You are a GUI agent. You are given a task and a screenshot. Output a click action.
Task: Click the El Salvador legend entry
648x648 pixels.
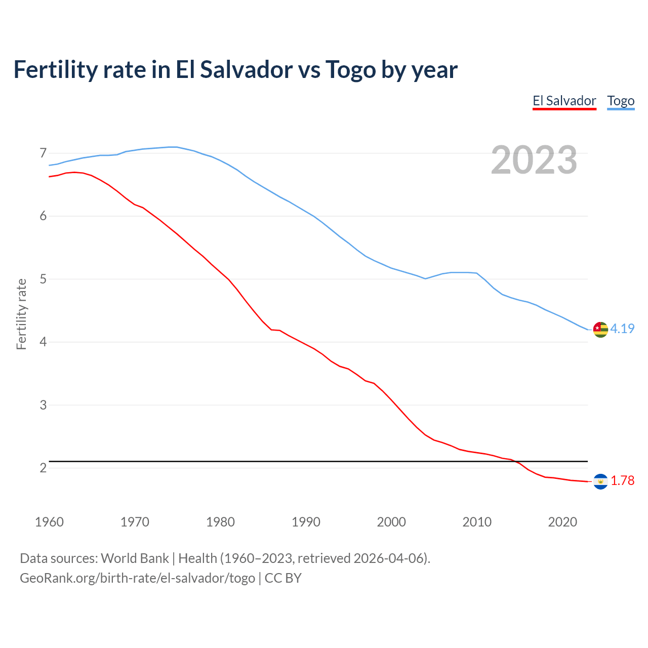(564, 101)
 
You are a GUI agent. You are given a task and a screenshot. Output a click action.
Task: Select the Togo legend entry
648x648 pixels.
(621, 101)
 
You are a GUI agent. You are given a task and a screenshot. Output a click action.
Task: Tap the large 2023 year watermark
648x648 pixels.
(534, 160)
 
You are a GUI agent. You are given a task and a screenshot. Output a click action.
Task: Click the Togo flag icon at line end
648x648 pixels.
(600, 329)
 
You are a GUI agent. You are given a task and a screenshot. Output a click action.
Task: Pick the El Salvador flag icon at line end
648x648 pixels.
(600, 481)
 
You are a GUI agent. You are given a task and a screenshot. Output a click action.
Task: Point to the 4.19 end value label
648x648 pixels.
(622, 329)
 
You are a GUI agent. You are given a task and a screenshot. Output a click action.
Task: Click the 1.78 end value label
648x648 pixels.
(622, 481)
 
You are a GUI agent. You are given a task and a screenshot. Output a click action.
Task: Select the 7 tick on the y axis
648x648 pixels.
(43, 153)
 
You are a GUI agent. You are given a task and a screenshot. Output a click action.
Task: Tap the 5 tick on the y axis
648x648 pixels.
(43, 279)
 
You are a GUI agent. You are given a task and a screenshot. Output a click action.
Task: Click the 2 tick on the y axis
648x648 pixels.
(43, 468)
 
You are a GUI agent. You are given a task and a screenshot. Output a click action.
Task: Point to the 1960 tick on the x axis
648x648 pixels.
(49, 522)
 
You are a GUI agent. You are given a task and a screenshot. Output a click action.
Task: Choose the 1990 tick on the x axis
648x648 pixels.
(306, 522)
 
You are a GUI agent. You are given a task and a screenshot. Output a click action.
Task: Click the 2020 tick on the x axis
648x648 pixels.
(562, 522)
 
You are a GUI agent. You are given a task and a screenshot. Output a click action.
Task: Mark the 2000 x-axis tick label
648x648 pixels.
(391, 522)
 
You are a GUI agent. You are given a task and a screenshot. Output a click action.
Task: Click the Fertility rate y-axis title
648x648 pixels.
(21, 314)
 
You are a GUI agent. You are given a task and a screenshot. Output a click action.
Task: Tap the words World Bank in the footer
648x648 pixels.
(135, 558)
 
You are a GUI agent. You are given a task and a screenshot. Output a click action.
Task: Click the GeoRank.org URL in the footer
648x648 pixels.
(137, 578)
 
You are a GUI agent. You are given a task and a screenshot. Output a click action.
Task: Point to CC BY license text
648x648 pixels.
(283, 578)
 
